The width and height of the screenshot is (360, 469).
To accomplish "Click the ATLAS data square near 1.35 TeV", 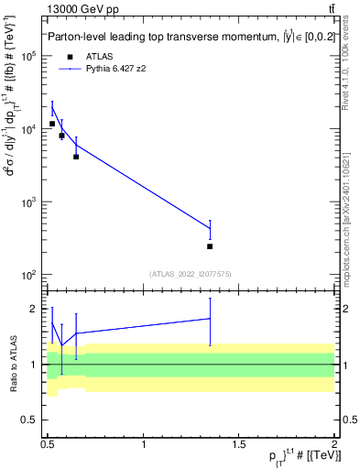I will pyautogui.click(x=210, y=246).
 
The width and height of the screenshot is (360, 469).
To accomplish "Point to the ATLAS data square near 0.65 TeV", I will pyautogui.click(x=76, y=157).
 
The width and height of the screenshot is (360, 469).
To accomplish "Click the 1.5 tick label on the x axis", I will pyautogui.click(x=239, y=444).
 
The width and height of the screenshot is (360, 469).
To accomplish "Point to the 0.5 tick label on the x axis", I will pyautogui.click(x=48, y=444).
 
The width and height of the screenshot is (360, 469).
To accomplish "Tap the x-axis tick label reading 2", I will pyautogui.click(x=333, y=444).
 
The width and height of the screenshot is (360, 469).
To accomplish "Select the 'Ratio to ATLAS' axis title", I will pyautogui.click(x=12, y=364).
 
